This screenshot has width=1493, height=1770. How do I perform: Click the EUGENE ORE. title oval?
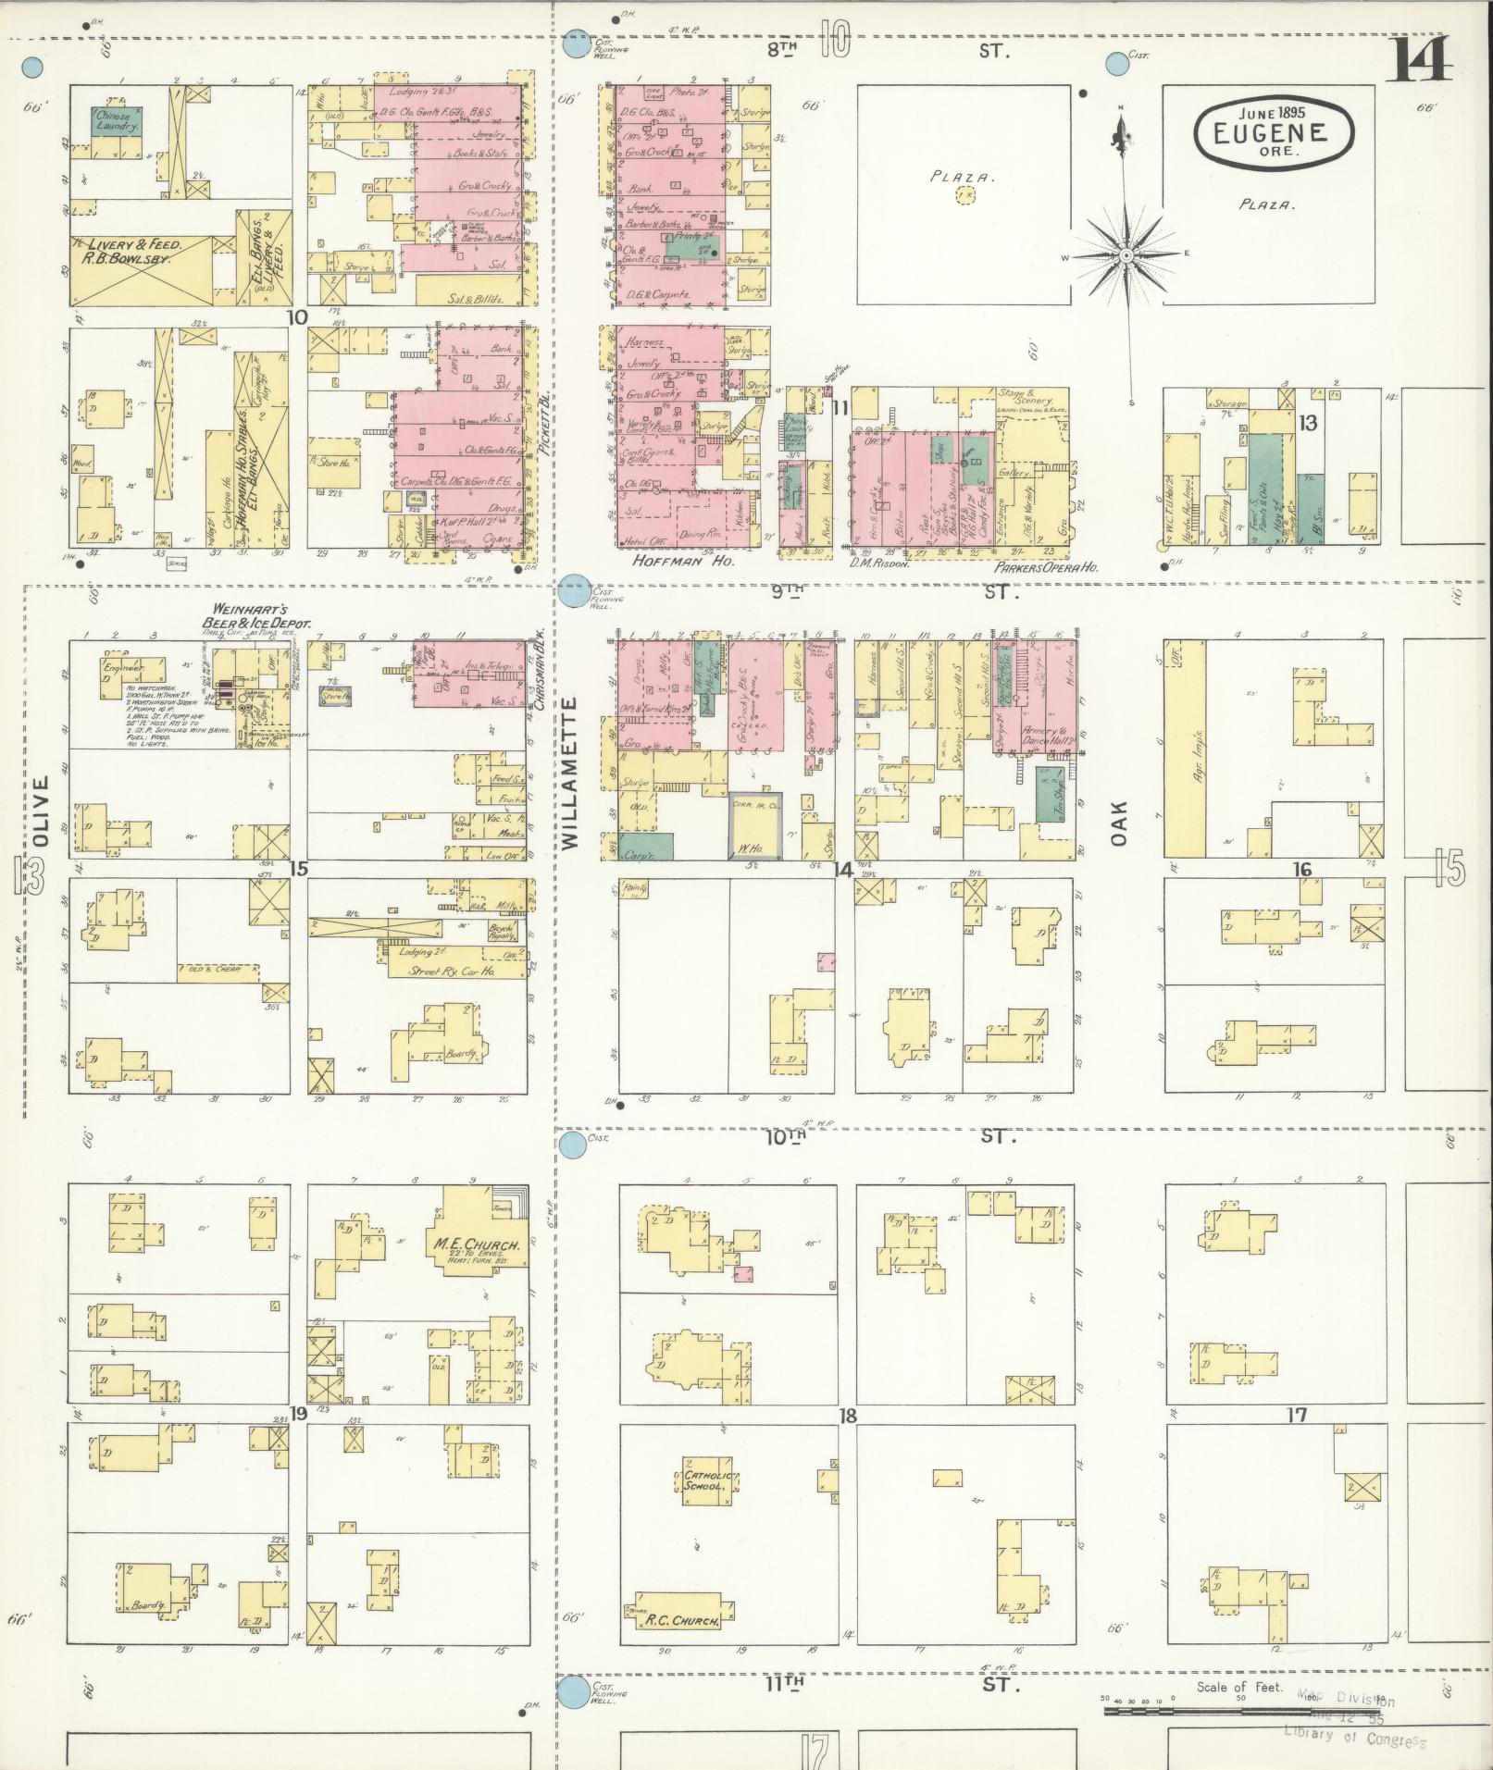[x=1273, y=132]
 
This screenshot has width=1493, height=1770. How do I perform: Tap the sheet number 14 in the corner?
[x=1418, y=61]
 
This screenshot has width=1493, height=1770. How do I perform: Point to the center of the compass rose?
[x=1126, y=254]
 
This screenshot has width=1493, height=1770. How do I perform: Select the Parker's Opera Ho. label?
[x=1046, y=567]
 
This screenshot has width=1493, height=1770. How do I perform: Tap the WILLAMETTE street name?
[x=568, y=774]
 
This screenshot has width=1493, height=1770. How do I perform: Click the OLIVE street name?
[x=40, y=811]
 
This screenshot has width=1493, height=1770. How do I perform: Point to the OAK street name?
[x=1119, y=821]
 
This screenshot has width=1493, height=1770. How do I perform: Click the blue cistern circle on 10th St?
[x=574, y=1145]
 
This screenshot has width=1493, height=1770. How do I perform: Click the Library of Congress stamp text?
[x=1354, y=1737]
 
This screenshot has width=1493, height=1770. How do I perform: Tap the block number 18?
[x=847, y=1417]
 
